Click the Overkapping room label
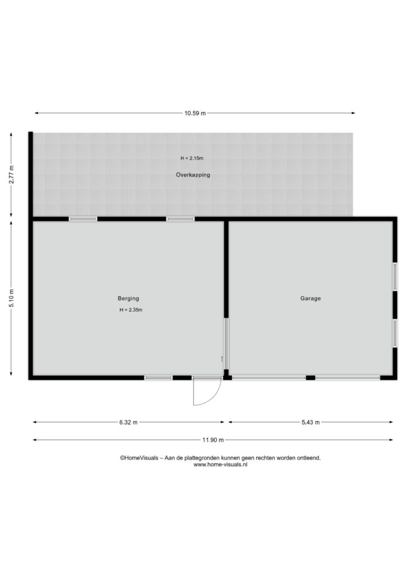tap(193, 175)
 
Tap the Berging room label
tap(128, 299)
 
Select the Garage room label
tap(310, 299)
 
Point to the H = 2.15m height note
tap(192, 158)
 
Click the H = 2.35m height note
tap(130, 310)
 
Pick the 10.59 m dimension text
tap(195, 113)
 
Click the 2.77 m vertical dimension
tap(11, 175)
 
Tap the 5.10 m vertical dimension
tap(11, 299)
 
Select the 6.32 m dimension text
tap(128, 422)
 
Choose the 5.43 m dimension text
tap(310, 422)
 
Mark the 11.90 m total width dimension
tap(213, 440)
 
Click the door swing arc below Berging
tap(215, 398)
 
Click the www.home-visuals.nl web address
tap(220, 464)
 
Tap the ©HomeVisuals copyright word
tap(139, 458)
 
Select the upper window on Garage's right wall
tap(395, 277)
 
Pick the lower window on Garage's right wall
tap(395, 333)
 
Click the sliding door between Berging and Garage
tap(226, 344)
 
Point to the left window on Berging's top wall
tap(83, 219)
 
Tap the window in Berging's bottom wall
tap(158, 377)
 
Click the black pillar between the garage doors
tap(310, 377)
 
